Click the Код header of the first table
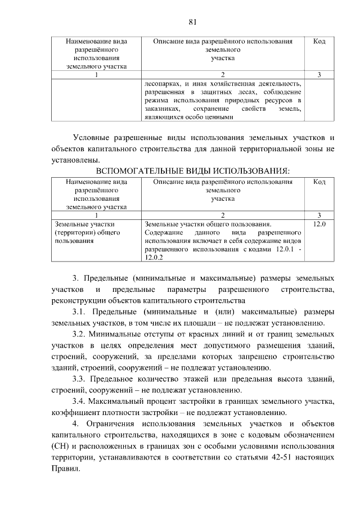[319, 42]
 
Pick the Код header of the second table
[319, 182]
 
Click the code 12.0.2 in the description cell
[153, 258]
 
